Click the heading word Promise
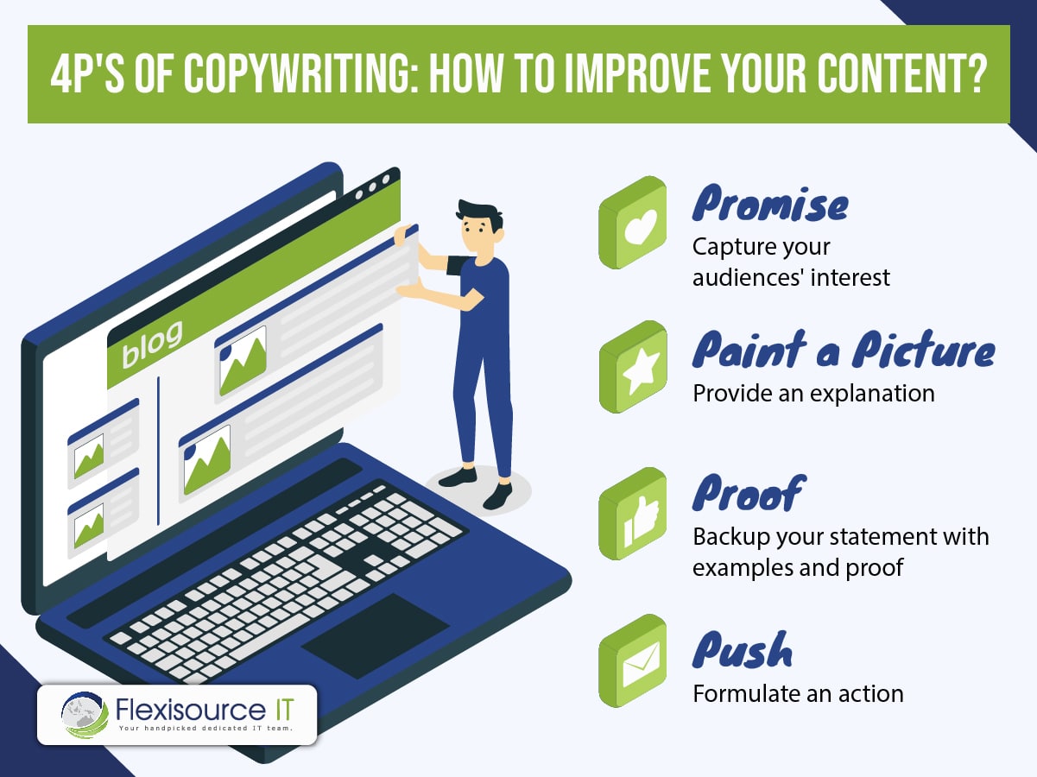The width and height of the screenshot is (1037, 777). [x=770, y=203]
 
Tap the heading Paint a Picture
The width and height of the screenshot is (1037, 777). [x=844, y=350]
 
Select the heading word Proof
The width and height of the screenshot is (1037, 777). [x=749, y=494]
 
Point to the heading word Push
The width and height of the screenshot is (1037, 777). [x=743, y=650]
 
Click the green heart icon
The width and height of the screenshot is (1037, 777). [x=633, y=223]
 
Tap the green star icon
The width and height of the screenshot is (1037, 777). [x=633, y=367]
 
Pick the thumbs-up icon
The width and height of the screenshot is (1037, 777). [x=633, y=514]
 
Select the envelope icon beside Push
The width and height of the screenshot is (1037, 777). [x=633, y=660]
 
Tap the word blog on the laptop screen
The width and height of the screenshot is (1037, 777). [x=152, y=344]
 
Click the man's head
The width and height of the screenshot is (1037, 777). [x=479, y=227]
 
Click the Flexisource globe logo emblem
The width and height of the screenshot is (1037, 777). [x=85, y=715]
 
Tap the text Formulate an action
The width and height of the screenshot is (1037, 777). [x=798, y=694]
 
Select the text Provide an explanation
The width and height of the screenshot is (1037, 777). [x=813, y=394]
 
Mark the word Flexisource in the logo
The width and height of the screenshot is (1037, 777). [x=191, y=709]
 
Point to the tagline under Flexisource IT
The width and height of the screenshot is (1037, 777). [x=206, y=728]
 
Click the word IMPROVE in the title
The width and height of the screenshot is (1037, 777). [x=637, y=74]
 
